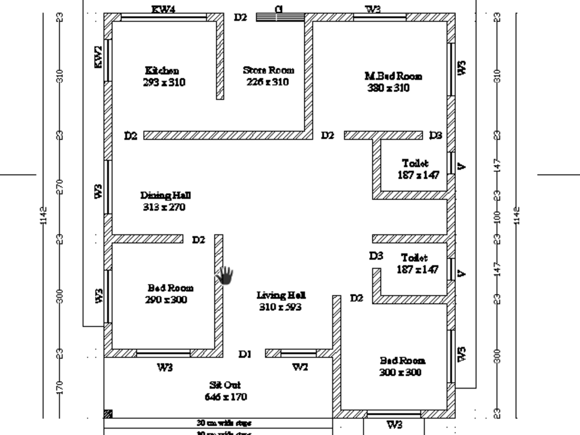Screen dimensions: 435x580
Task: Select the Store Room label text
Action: [x=268, y=70]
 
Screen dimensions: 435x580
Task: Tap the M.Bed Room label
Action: [x=393, y=76]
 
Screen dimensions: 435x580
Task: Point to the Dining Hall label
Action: [x=165, y=195]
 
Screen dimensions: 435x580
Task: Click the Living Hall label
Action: [x=281, y=296]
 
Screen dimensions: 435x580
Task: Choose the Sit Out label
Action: [x=225, y=385]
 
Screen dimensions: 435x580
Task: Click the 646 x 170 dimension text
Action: [x=226, y=397]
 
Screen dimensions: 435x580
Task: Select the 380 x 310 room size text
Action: [x=389, y=88]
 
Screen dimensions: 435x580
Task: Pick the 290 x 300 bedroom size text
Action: [x=166, y=300]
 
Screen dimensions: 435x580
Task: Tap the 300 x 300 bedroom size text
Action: [x=400, y=372]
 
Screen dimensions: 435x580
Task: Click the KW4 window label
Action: [x=164, y=9]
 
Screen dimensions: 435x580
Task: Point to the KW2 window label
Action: [x=99, y=57]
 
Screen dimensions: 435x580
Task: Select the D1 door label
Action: [x=245, y=354]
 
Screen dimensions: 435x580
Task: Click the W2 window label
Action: [x=300, y=367]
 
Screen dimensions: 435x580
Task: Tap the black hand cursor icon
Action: [x=224, y=275]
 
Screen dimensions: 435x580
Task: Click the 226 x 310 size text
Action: [x=267, y=82]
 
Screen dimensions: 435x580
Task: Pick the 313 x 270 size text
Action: [x=164, y=207]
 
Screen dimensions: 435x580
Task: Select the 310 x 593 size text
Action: [x=280, y=307]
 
